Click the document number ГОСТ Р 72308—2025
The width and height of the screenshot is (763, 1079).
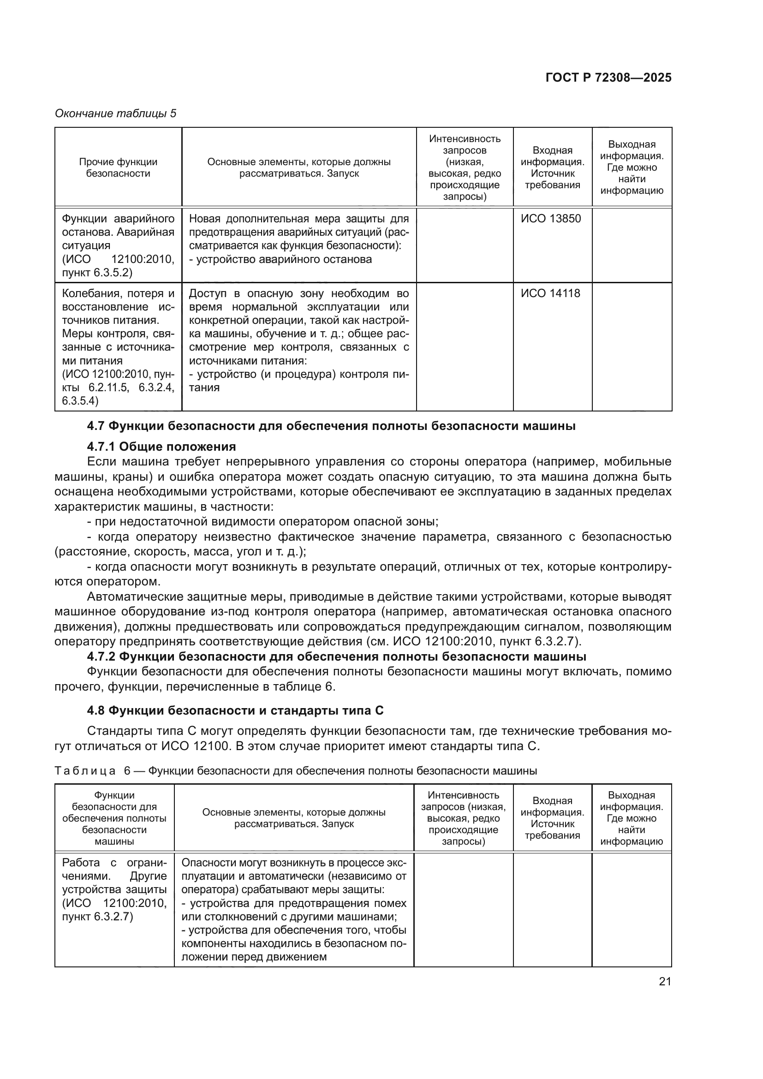pos(608,78)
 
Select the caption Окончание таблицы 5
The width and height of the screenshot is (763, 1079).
pos(116,113)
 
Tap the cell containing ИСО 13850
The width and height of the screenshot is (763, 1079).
pos(551,219)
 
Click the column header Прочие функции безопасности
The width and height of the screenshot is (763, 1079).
pos(118,168)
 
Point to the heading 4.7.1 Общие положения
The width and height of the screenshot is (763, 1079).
pos(161,446)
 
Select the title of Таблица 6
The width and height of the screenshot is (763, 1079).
pos(296,771)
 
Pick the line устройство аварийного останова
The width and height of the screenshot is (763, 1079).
pos(280,259)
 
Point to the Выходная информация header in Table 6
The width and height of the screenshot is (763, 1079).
pos(632,818)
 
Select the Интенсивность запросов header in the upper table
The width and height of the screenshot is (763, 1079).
pos(464,167)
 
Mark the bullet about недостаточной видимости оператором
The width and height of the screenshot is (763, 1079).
pos(263,522)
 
